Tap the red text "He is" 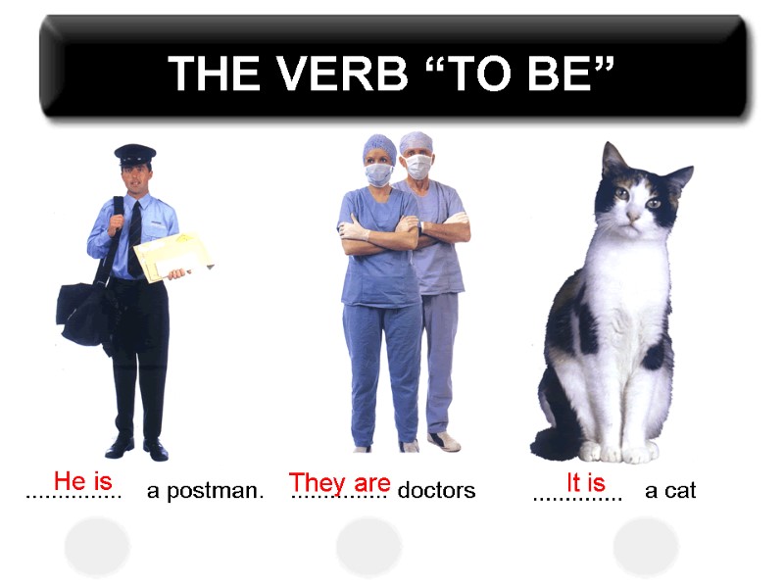pos(83,481)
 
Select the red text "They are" pos(339,482)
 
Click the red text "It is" pos(586,482)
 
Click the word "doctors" pos(436,490)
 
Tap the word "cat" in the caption pos(680,490)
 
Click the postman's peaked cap pos(135,154)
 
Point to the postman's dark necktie pos(135,235)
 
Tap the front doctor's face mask pos(378,173)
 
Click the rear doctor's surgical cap pos(416,141)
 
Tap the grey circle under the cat pos(646,546)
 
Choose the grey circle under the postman pos(97,546)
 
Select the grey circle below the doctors pos(368,546)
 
